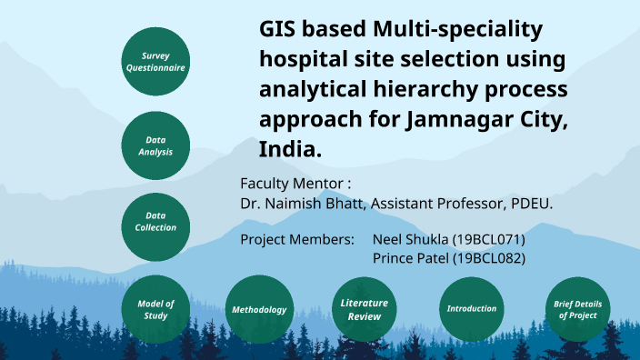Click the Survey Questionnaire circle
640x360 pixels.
coord(155,62)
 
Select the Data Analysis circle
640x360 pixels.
coord(155,145)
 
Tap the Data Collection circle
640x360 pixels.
coord(155,222)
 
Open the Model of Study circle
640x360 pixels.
coord(155,309)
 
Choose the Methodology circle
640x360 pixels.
coord(259,309)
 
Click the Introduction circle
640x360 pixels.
coord(472,309)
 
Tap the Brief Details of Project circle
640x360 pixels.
coord(577,309)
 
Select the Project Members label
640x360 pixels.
coord(296,240)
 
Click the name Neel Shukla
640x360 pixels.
coord(411,240)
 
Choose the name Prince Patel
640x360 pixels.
coord(411,258)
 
